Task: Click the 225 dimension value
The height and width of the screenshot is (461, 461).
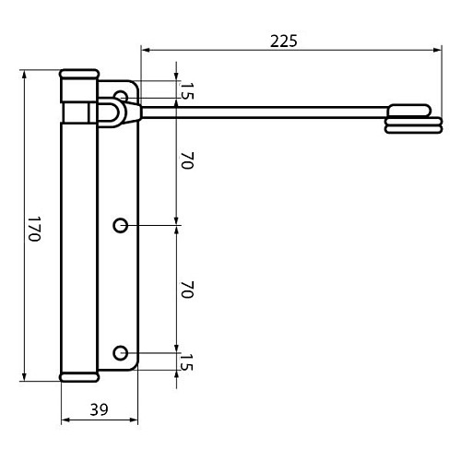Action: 284,41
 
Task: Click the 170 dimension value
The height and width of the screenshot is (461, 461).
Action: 34,229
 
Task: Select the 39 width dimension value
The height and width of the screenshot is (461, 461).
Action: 99,409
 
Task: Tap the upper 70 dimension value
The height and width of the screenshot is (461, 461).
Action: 187,160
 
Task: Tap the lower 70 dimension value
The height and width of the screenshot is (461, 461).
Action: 187,290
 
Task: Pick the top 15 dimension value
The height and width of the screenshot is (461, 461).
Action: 186,91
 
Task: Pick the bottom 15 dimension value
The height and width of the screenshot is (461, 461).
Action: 186,362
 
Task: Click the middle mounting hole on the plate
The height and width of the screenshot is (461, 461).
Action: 120,226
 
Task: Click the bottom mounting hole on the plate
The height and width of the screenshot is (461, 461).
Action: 120,353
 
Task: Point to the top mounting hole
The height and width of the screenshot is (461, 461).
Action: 120,96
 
